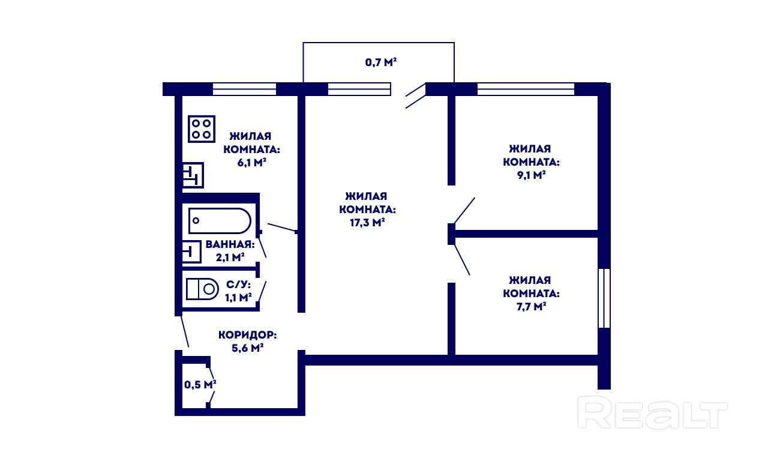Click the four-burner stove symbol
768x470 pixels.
[202, 129]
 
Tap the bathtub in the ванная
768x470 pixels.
[220, 220]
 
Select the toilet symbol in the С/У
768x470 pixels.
[202, 289]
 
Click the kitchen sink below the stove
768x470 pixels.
[193, 175]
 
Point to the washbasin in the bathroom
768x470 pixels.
[191, 252]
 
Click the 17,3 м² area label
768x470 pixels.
[367, 223]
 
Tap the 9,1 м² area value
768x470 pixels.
[531, 175]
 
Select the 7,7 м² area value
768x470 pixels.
[531, 306]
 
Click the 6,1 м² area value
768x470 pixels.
[251, 163]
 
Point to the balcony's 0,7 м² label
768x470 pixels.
[380, 62]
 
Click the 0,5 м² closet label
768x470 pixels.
[200, 385]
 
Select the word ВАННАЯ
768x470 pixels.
[230, 244]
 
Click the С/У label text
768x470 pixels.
[238, 285]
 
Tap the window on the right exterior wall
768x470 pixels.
[604, 298]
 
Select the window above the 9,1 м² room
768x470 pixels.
[526, 89]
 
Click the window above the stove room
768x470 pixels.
[244, 89]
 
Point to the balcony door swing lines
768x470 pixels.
[416, 95]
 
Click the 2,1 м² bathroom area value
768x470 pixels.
[230, 258]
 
